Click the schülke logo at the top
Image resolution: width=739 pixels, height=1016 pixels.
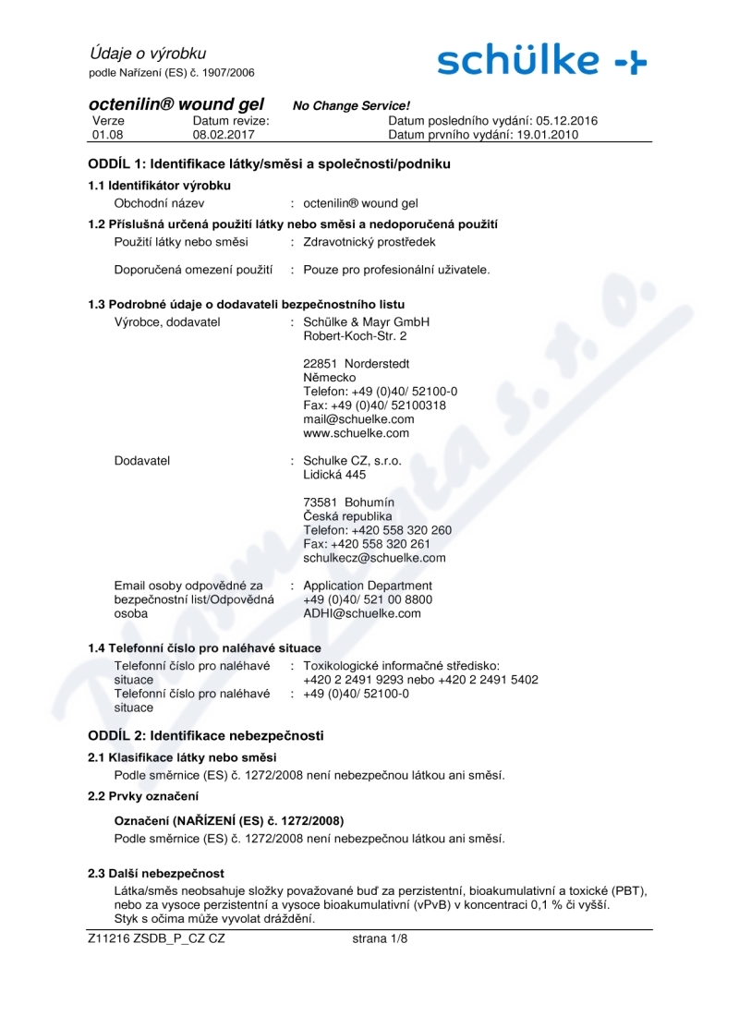(x=542, y=60)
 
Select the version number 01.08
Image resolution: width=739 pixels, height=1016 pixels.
(x=107, y=135)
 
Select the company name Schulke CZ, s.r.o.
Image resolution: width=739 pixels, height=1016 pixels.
(x=352, y=460)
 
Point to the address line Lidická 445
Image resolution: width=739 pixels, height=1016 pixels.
(x=334, y=475)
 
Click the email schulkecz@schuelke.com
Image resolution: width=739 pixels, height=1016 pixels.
(x=374, y=558)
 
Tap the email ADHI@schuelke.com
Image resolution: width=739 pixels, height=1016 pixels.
(x=362, y=612)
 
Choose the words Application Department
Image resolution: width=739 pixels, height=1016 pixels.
(x=367, y=586)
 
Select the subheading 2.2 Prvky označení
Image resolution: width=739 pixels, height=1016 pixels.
(x=143, y=795)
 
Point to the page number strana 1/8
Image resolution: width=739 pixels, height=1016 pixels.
(x=381, y=938)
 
